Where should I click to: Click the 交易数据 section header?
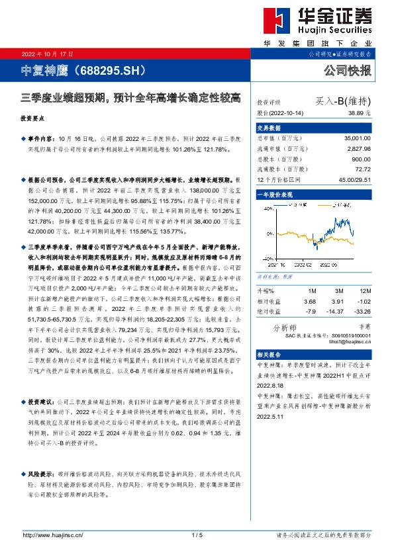269,127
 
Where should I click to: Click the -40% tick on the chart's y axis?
267,259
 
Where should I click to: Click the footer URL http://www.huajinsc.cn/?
52,535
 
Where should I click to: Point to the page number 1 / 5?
197,535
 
